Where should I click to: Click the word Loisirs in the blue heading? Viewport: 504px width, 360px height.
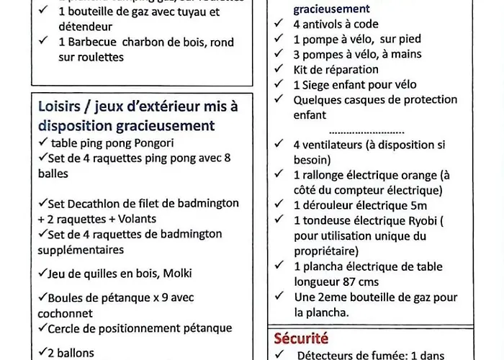click(60, 107)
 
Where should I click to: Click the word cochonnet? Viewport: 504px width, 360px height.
click(66, 313)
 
